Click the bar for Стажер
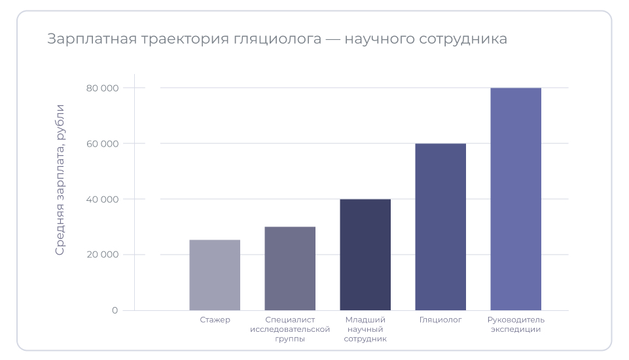[215, 275]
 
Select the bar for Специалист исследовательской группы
[290, 268]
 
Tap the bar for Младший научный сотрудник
[365, 255]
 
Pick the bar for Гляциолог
[440, 226]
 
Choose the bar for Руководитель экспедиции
[516, 199]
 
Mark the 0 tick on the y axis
[115, 310]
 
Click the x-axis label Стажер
[215, 320]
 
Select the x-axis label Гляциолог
[440, 320]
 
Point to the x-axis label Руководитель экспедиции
[516, 325]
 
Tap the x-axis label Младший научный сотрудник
[365, 329]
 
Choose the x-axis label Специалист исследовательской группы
[290, 329]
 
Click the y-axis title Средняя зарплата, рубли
[60, 179]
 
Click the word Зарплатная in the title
[88, 39]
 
